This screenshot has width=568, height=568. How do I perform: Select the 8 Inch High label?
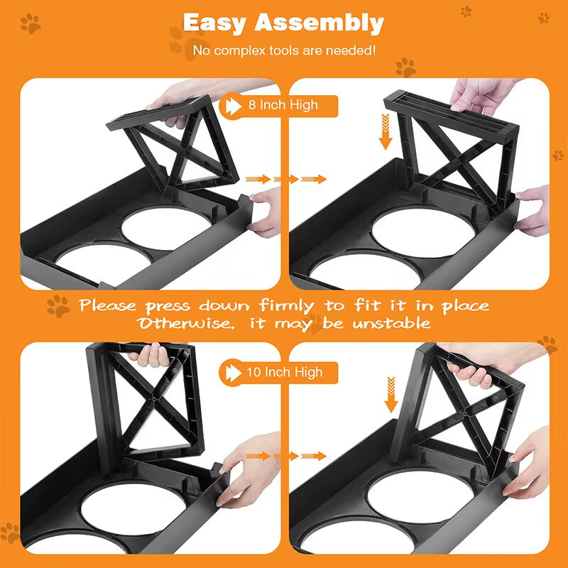click(283, 105)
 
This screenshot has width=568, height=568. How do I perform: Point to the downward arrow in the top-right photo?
click(386, 133)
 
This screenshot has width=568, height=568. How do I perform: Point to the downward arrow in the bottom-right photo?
click(390, 395)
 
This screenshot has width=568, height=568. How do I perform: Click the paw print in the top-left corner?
click(31, 25)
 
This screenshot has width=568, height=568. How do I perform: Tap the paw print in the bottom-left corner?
click(11, 532)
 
